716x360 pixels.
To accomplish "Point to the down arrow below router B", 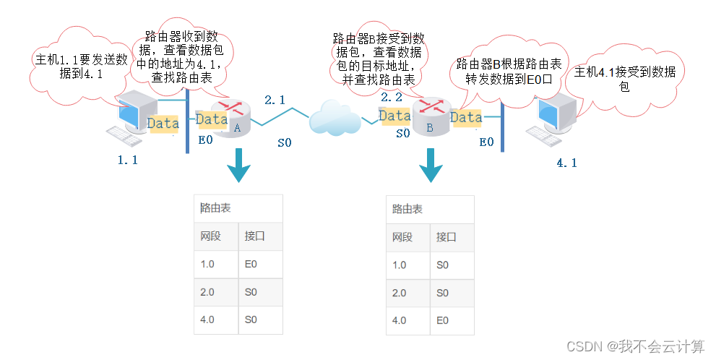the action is [431, 166].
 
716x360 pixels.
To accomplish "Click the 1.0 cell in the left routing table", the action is [208, 265].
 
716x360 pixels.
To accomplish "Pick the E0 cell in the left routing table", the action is [251, 265].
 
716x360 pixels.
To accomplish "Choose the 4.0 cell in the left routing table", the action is [208, 320].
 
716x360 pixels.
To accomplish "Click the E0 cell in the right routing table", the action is [443, 320].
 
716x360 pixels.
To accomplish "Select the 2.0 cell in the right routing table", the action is [400, 293].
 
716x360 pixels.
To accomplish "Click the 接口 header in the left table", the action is [254, 236].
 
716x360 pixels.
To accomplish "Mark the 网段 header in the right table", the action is [402, 237].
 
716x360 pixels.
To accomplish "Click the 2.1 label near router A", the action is [275, 100].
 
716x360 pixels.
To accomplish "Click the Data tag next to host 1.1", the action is [163, 124].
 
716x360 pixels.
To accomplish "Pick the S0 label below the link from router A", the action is [285, 143].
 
